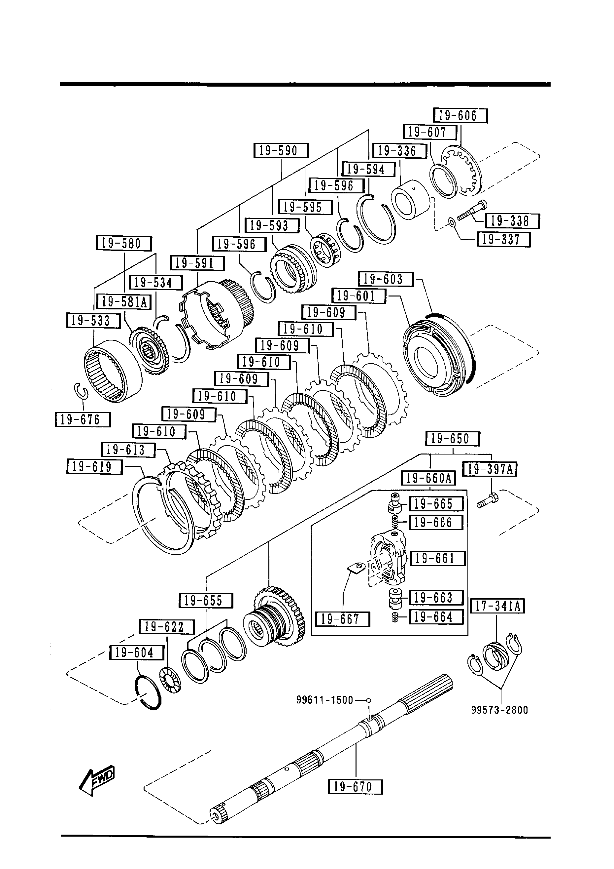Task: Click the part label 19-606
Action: pyautogui.click(x=460, y=115)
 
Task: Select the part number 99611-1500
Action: pyautogui.click(x=324, y=700)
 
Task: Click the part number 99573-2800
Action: pyautogui.click(x=499, y=710)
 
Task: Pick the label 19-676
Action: pyautogui.click(x=83, y=420)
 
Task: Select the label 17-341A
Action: pyautogui.click(x=497, y=606)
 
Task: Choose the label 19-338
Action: pyautogui.click(x=512, y=221)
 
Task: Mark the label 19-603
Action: pyautogui.click(x=386, y=279)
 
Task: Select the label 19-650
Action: pyautogui.click(x=453, y=439)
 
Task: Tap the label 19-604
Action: pyautogui.click(x=136, y=653)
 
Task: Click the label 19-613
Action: pyautogui.click(x=128, y=450)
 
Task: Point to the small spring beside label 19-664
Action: pyautogui.click(x=395, y=618)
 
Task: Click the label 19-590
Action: pyautogui.click(x=281, y=151)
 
